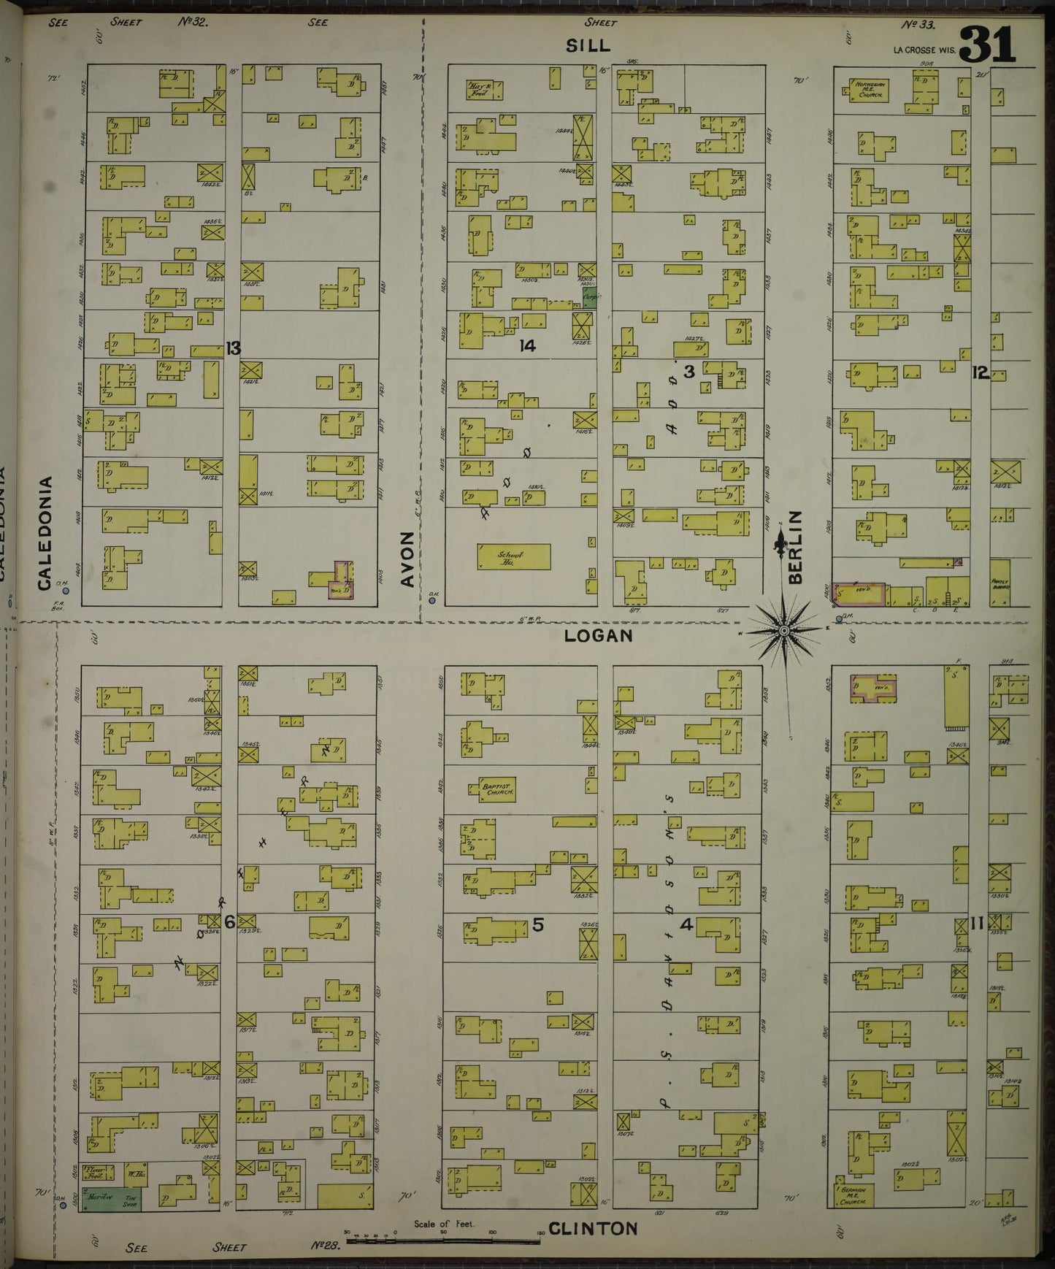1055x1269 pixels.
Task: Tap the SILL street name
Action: (x=588, y=46)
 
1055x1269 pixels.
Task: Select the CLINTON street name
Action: (x=593, y=1229)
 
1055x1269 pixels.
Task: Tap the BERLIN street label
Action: (x=795, y=547)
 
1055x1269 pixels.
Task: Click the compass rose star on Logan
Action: (x=783, y=629)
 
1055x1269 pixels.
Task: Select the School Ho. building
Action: (x=513, y=556)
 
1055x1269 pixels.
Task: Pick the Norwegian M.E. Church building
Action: (x=869, y=92)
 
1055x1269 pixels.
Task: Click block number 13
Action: (x=232, y=348)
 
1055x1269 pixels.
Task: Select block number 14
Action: (x=527, y=346)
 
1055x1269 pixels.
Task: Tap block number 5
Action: (x=537, y=924)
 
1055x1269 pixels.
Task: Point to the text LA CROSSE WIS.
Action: (x=924, y=50)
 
